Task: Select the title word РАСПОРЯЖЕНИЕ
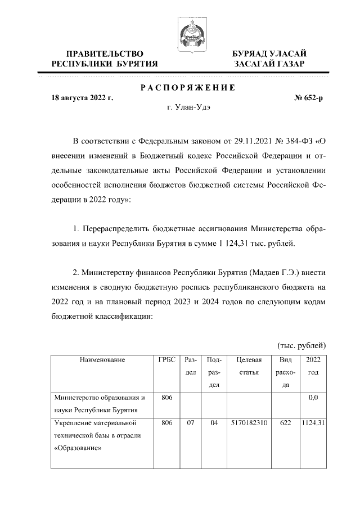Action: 187,88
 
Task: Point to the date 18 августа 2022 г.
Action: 82,97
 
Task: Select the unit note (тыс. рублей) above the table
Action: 302,345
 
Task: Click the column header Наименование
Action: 102,359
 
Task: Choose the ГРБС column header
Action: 166,359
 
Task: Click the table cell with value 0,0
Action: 313,397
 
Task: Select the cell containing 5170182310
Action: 248,422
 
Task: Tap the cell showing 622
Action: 285,422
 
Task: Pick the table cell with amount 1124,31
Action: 313,422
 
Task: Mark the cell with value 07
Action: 190,422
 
